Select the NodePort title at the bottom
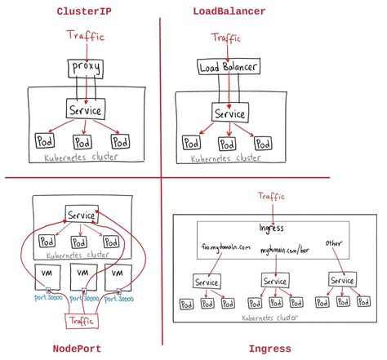[x=79, y=349]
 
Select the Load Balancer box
[x=230, y=68]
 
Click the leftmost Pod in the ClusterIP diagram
[x=43, y=141]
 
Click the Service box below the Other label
[x=340, y=280]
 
